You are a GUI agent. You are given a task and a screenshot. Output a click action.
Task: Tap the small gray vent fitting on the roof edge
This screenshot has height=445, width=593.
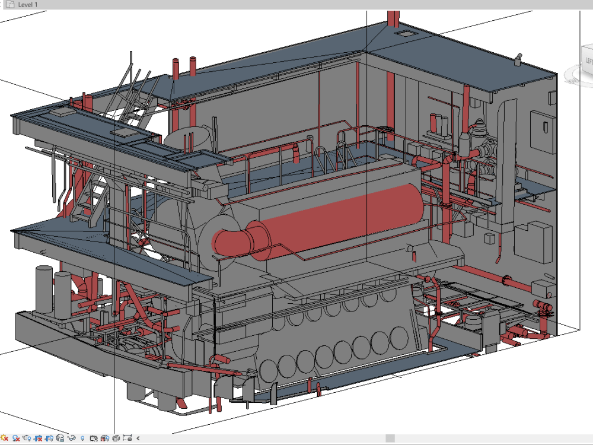pos(518,59)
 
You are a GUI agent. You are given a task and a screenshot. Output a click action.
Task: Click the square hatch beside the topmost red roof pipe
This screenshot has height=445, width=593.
pos(405,34)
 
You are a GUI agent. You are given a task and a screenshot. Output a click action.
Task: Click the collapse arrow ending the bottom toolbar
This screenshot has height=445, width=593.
pos(138,438)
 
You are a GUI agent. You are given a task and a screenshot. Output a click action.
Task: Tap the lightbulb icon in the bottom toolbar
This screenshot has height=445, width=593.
pos(82,438)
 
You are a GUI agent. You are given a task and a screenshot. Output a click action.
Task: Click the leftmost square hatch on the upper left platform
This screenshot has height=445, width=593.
pos(62,111)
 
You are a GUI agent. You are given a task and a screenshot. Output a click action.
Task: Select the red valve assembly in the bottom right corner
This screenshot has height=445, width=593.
pos(541,306)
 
